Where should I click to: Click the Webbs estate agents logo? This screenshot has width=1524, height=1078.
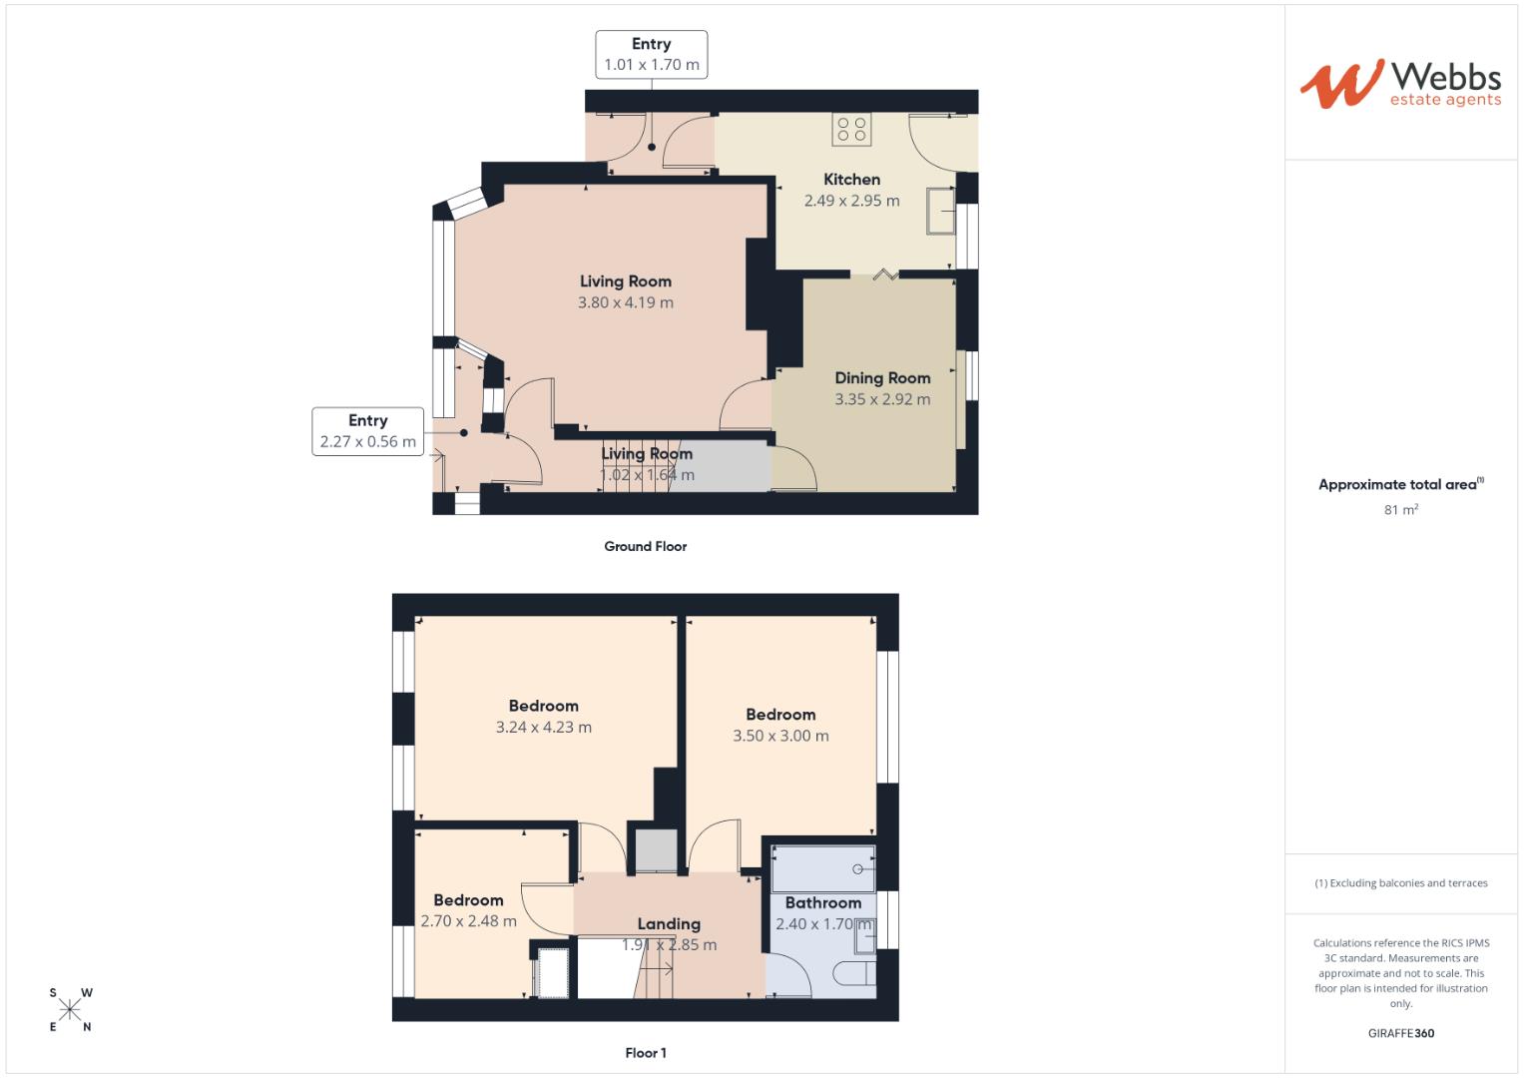1399,84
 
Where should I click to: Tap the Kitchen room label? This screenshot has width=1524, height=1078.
851,180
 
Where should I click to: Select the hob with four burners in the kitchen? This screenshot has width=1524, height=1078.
851,129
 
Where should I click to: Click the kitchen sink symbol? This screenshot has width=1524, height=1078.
940,210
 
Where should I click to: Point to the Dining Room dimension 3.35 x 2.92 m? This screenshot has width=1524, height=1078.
882,399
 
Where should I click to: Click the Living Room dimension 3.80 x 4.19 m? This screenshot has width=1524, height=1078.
626,302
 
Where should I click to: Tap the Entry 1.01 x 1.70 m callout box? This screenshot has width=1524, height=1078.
651,55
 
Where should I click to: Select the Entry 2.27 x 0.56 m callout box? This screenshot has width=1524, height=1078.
367,431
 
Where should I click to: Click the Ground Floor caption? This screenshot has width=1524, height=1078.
645,546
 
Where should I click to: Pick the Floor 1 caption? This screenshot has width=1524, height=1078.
645,1052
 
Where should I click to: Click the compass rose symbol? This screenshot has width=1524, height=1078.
70,1009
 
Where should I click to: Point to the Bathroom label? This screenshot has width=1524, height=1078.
822,902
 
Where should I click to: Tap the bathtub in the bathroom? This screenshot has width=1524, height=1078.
823,868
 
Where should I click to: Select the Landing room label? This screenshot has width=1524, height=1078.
669,924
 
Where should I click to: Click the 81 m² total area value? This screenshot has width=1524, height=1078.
1401,510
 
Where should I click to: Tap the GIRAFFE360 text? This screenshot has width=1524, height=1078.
1400,1033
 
